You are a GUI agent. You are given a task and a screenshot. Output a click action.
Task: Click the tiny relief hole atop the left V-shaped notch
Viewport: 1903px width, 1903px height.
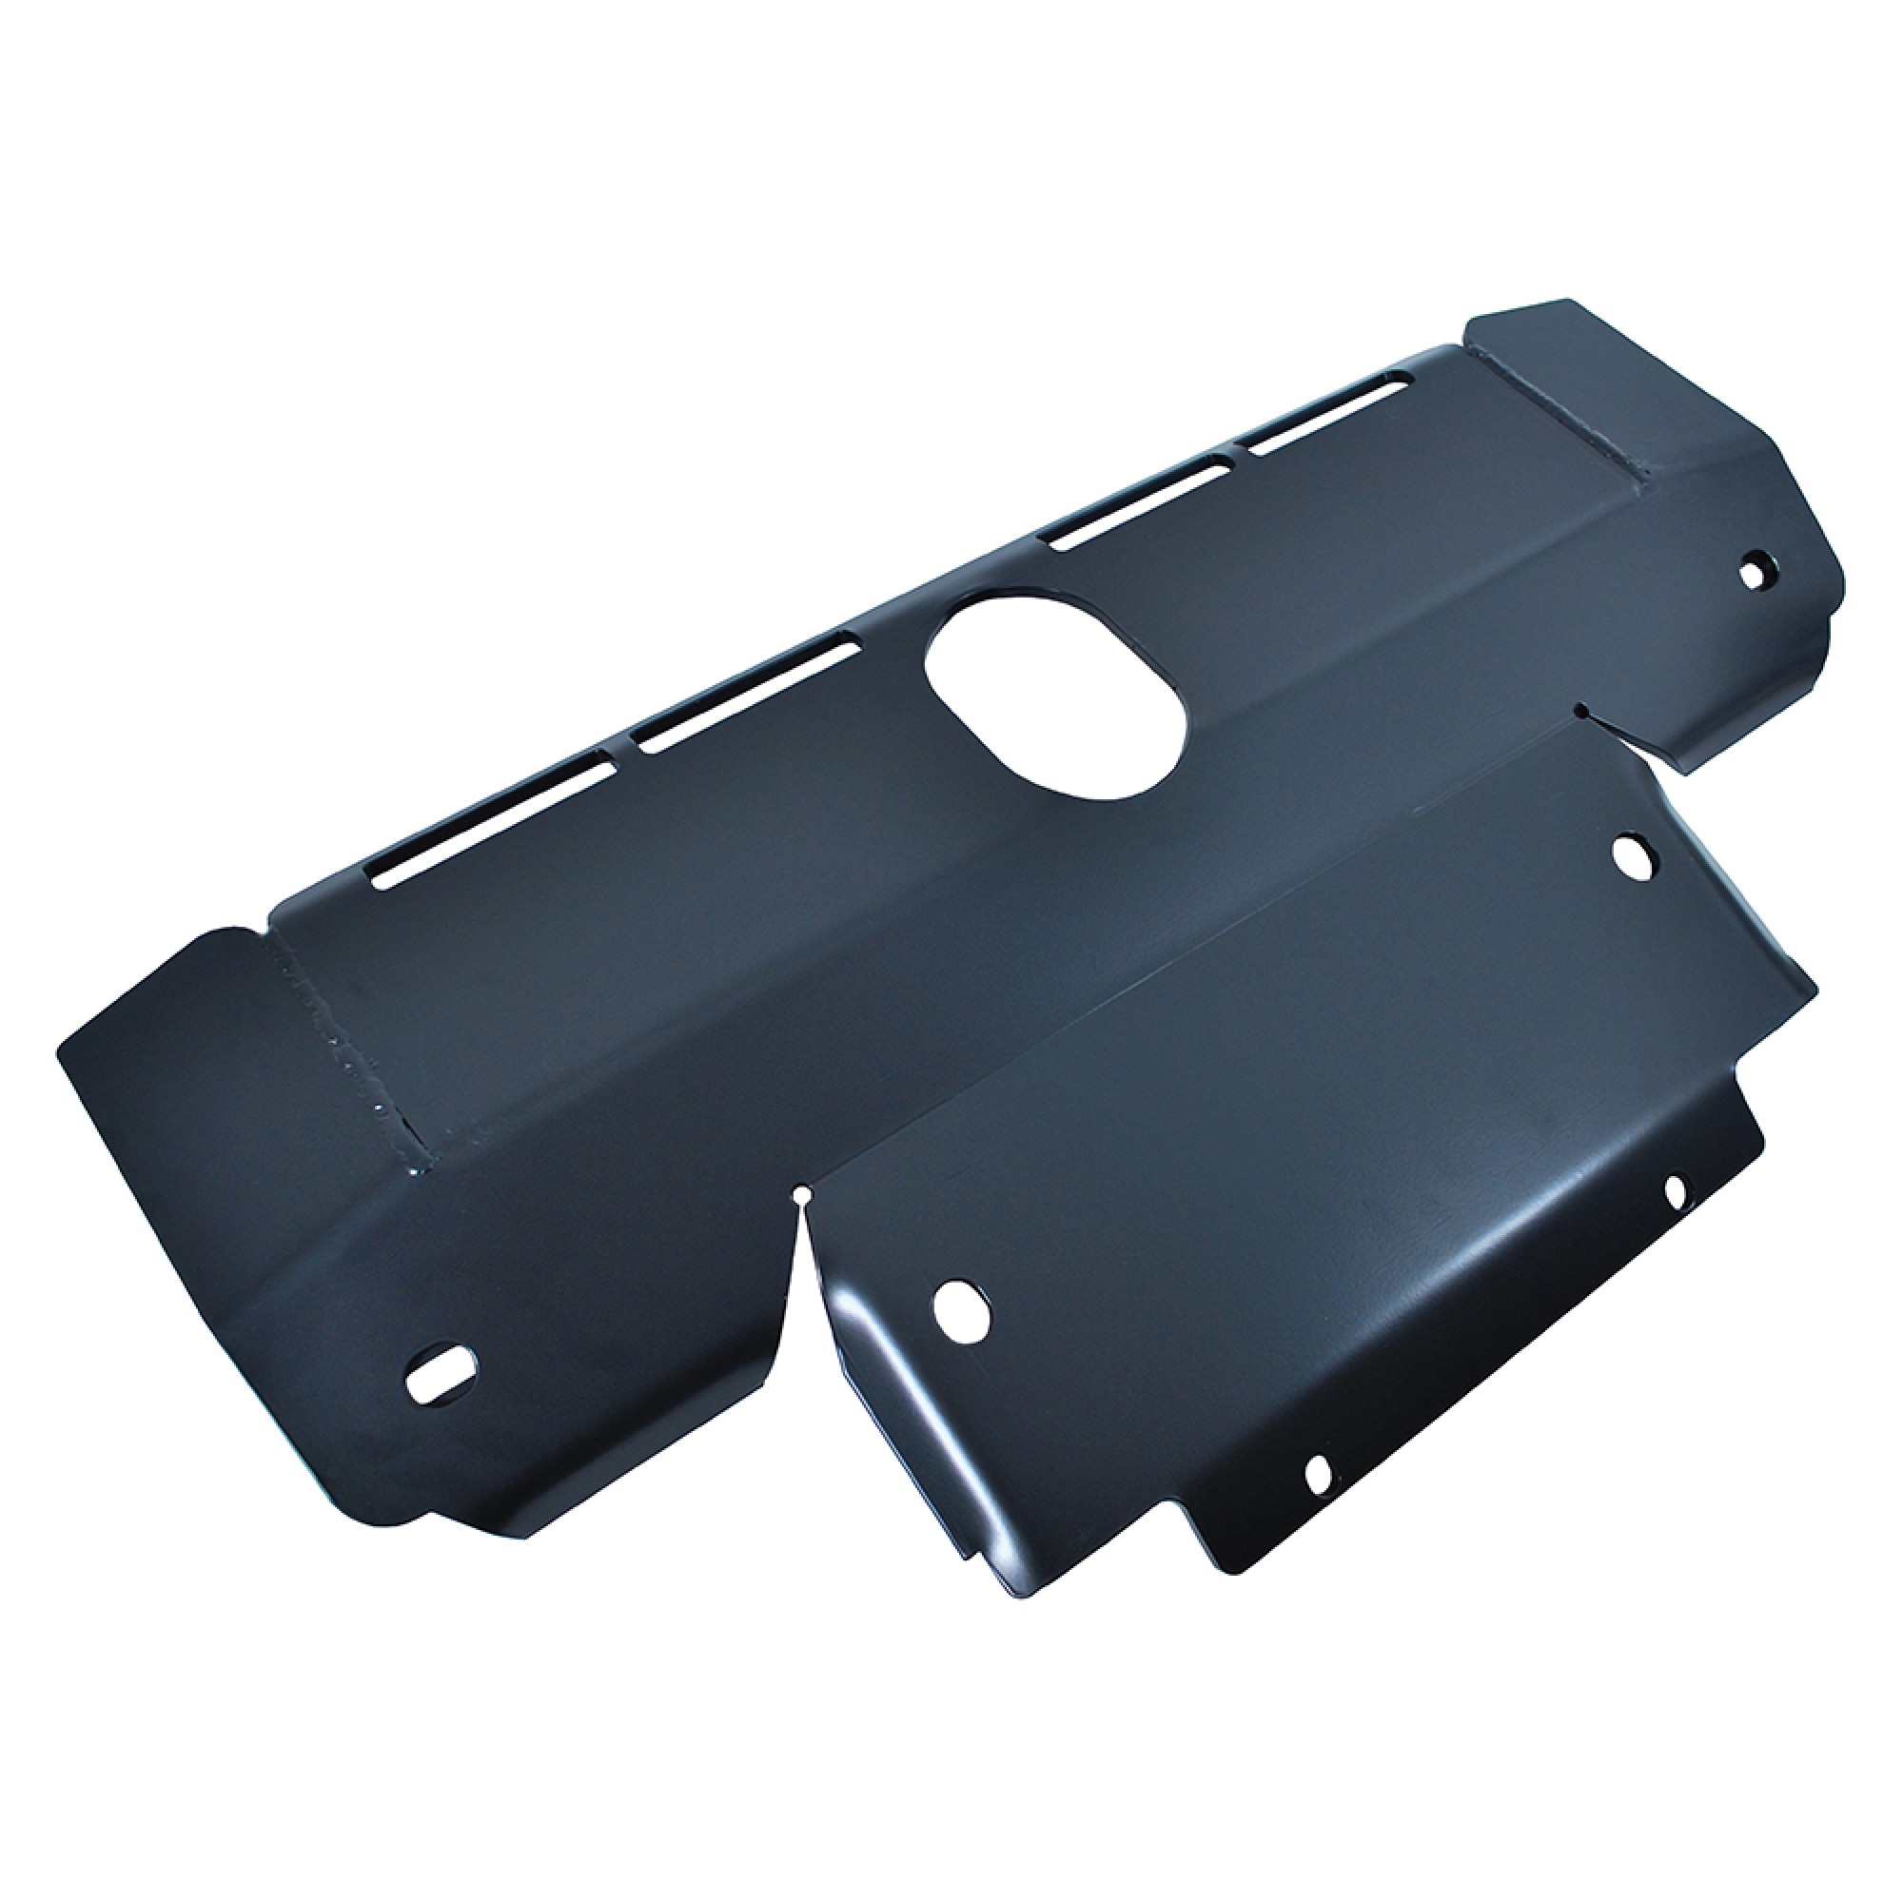pos(805,1197)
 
